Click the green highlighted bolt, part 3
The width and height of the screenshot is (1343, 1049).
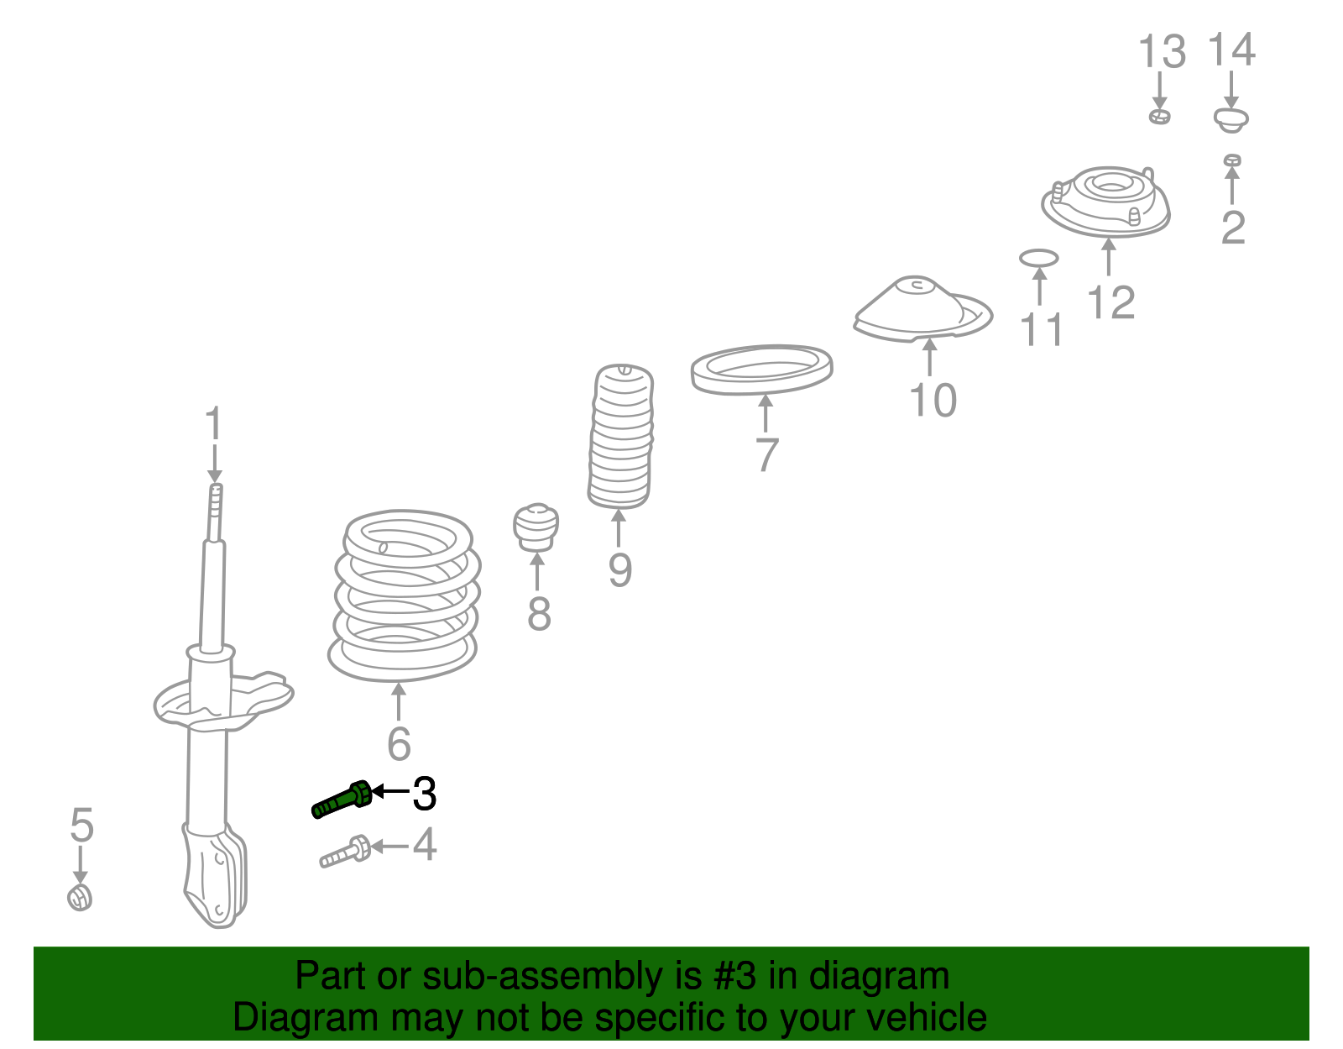tap(342, 800)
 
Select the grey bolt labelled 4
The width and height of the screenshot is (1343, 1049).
tap(346, 852)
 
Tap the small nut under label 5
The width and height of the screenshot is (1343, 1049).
tap(80, 898)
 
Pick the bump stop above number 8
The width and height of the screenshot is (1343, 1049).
tap(536, 527)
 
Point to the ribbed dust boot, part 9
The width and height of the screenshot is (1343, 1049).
tap(620, 437)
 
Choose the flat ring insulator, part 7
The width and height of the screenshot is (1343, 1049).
tap(761, 370)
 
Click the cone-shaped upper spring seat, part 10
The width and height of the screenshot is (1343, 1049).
tap(922, 309)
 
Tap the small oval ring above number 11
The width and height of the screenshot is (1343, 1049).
tap(1039, 258)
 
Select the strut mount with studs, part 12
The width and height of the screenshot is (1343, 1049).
tap(1105, 202)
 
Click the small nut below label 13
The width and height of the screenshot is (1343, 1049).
tap(1159, 116)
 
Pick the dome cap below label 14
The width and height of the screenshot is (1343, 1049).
tap(1231, 120)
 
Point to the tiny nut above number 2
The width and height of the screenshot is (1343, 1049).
tap(1231, 160)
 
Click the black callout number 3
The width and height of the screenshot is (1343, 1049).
tap(425, 794)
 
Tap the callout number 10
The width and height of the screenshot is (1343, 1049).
tap(933, 401)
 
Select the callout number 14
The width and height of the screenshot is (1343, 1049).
tap(1231, 50)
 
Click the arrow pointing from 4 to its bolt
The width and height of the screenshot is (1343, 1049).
tap(389, 846)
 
